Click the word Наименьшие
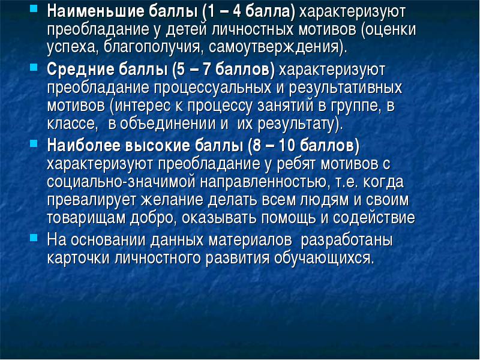click(x=96, y=11)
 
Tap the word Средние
click(x=80, y=70)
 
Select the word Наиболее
click(x=84, y=145)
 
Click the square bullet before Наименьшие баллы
click(x=34, y=8)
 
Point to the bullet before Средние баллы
click(x=34, y=67)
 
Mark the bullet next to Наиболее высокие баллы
click(x=34, y=143)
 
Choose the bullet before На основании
click(x=34, y=238)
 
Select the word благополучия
click(x=152, y=47)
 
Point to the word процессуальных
click(x=213, y=88)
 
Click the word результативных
click(x=346, y=88)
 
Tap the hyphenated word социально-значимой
click(x=121, y=182)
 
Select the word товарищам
click(x=87, y=218)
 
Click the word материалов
click(x=250, y=240)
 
